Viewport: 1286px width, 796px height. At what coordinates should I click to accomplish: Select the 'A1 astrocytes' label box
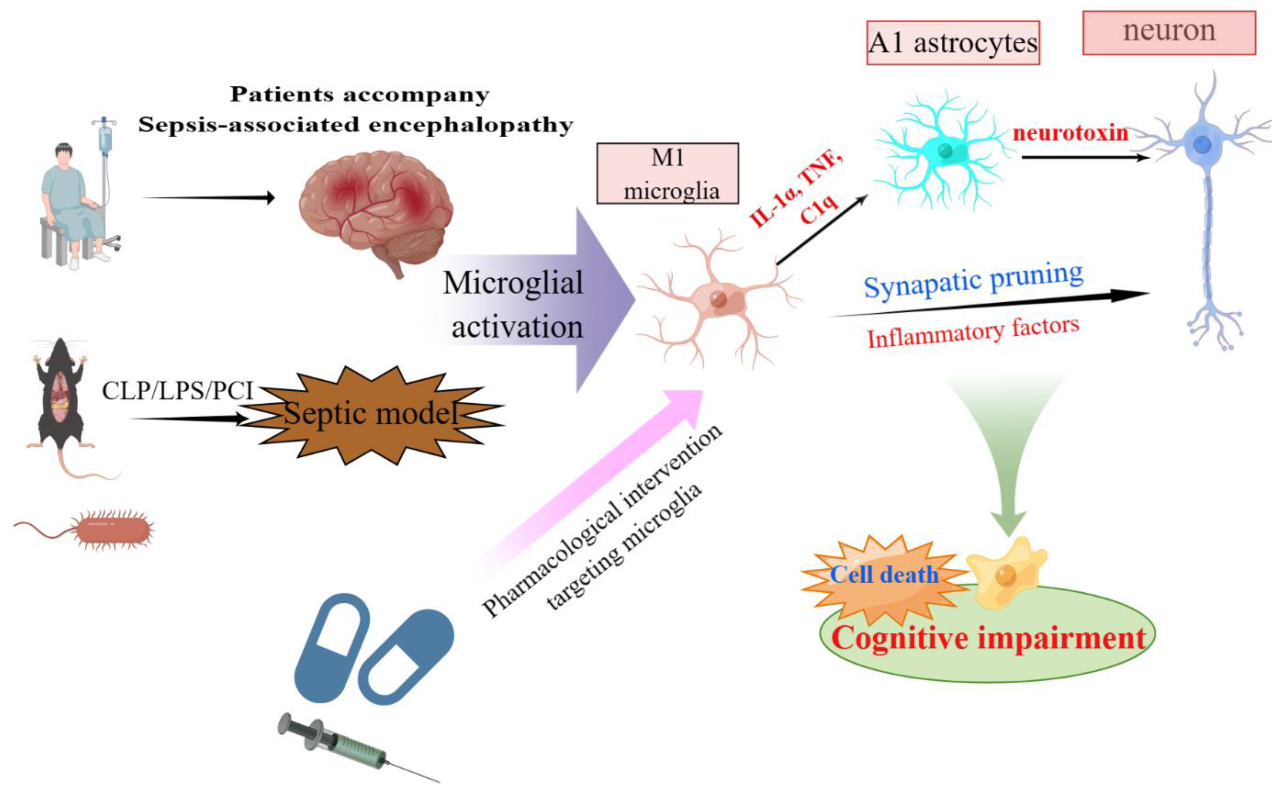click(x=953, y=43)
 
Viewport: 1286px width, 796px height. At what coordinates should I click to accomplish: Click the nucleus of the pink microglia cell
click(x=718, y=300)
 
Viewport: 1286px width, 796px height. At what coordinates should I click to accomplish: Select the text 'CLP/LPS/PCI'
click(x=178, y=391)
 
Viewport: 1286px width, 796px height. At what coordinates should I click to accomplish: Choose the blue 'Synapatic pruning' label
click(x=973, y=280)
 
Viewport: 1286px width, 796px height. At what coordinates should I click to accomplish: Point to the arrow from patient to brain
click(x=208, y=197)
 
